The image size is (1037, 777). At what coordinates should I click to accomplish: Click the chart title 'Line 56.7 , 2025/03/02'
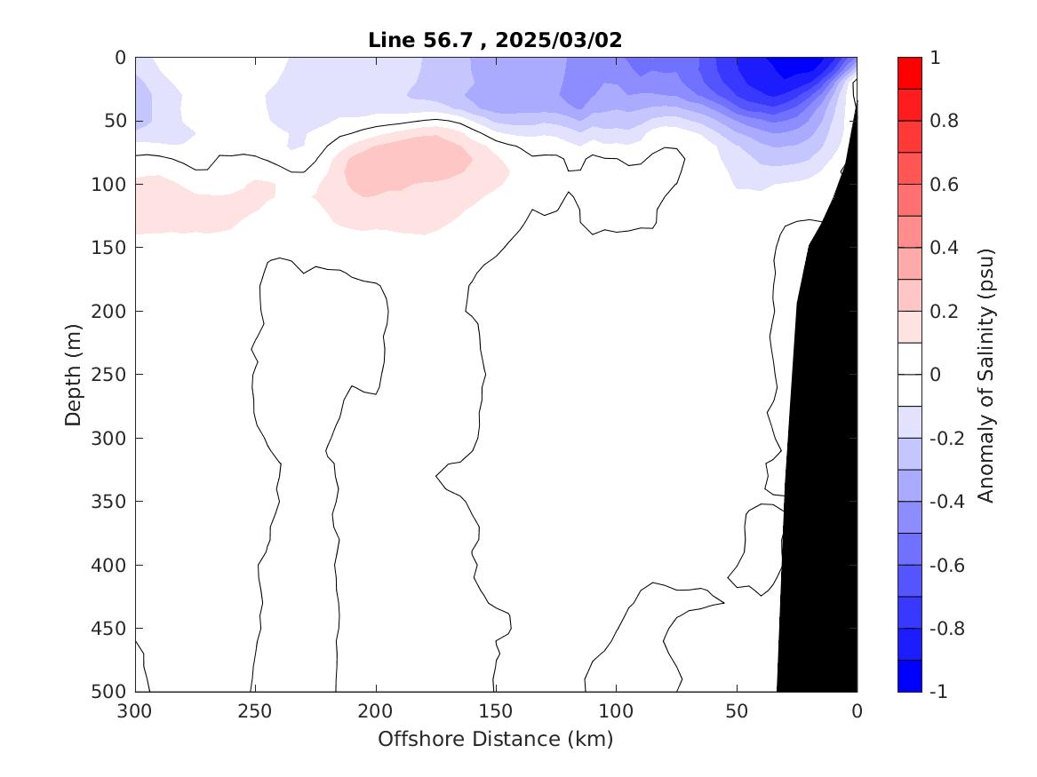click(x=496, y=40)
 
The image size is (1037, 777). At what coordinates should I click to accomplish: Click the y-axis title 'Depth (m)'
click(x=73, y=374)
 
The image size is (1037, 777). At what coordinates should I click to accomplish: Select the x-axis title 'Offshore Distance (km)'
click(x=496, y=739)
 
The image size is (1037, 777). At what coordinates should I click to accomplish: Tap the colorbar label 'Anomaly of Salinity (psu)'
click(x=985, y=374)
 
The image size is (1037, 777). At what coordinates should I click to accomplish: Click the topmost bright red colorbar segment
click(x=910, y=73)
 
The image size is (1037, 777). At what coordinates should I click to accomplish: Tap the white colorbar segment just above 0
click(x=910, y=359)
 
